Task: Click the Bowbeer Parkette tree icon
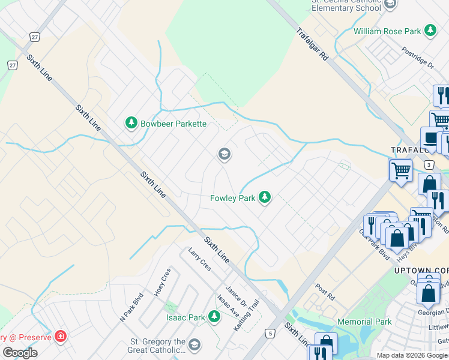click(131, 123)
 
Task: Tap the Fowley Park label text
click(233, 198)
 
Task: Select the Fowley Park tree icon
click(264, 197)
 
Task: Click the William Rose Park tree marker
click(430, 30)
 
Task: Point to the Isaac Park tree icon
click(214, 317)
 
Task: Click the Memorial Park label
click(364, 322)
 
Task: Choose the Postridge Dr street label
click(418, 56)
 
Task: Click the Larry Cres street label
click(199, 259)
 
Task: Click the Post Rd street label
click(325, 276)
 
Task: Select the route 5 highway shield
click(271, 332)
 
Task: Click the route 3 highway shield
click(429, 164)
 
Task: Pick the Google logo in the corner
click(20, 353)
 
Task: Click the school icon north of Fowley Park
click(224, 155)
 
